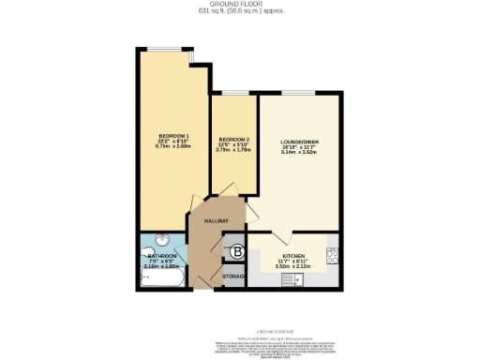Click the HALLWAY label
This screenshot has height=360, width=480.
pos(217,221)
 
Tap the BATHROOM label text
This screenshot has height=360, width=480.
pos(162,255)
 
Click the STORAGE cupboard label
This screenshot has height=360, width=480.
pos(233,278)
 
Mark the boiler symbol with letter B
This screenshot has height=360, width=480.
pos(237,251)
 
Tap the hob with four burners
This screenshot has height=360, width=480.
pos(332,251)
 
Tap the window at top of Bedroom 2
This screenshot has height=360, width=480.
pos(231,93)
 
